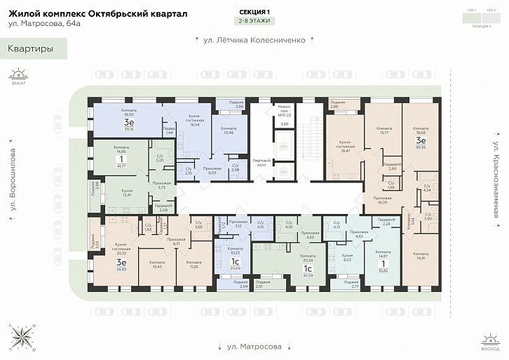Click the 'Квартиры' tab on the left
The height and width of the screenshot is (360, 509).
pyautogui.click(x=31, y=48)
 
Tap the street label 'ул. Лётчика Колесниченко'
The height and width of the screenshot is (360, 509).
pyautogui.click(x=254, y=40)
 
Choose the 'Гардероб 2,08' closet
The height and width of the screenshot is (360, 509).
pyautogui.click(x=163, y=208)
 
